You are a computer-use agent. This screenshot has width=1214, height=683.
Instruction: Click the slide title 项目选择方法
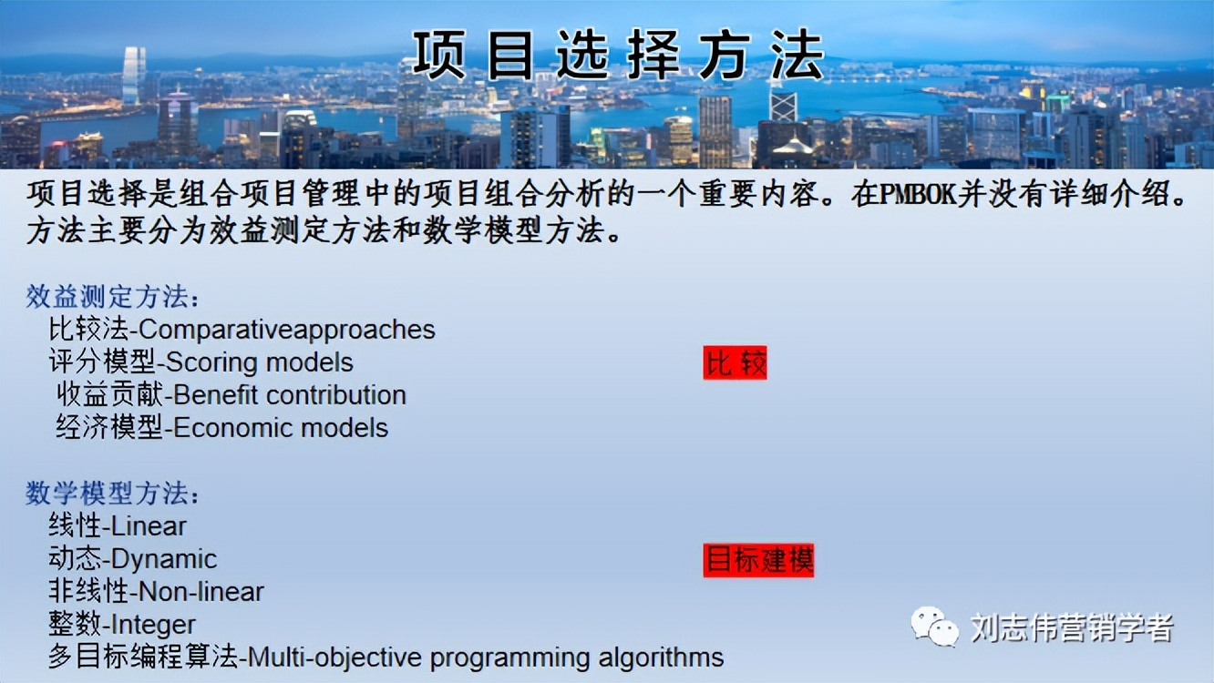pos(618,55)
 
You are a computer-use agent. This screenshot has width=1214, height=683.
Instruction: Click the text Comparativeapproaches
pos(287,329)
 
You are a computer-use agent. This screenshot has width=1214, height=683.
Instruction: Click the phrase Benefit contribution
pos(290,395)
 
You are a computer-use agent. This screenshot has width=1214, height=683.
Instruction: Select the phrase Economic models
pos(281,428)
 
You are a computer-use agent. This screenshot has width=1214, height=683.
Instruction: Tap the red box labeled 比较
pos(735,363)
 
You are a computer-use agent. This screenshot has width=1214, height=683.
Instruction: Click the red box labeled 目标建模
pos(758,560)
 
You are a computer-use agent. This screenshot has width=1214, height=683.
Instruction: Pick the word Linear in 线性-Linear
pos(149,526)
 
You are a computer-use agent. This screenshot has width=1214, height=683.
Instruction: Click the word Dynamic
pos(164,559)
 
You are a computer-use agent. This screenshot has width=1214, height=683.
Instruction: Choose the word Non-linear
pos(201,592)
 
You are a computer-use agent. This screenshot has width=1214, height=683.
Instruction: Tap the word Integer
pos(153,625)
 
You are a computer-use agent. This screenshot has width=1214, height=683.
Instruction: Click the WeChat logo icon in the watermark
pos(935,627)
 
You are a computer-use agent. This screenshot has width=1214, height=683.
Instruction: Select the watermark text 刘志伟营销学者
pos(1072,627)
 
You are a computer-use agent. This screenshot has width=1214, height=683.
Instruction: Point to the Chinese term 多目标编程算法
pos(142,658)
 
